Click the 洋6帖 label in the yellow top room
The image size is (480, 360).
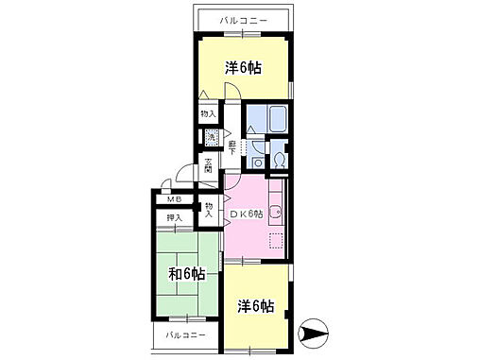243,68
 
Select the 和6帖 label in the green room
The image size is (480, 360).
188,275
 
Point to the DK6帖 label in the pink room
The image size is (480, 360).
249,214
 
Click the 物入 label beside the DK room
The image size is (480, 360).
209,208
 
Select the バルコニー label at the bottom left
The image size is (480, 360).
185,335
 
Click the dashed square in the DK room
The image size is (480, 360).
276,240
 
